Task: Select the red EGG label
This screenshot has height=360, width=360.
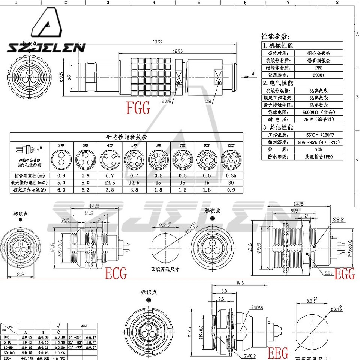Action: (x=344, y=274)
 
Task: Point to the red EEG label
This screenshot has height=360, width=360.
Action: (x=278, y=353)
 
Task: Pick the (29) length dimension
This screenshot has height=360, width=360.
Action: (x=177, y=51)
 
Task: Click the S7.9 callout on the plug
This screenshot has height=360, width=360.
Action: (x=166, y=101)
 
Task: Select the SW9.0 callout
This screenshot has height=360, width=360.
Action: (x=258, y=307)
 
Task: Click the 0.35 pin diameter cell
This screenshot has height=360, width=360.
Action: (x=231, y=175)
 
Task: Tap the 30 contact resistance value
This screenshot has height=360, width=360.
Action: (x=231, y=183)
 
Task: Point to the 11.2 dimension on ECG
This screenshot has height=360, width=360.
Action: (x=88, y=213)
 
